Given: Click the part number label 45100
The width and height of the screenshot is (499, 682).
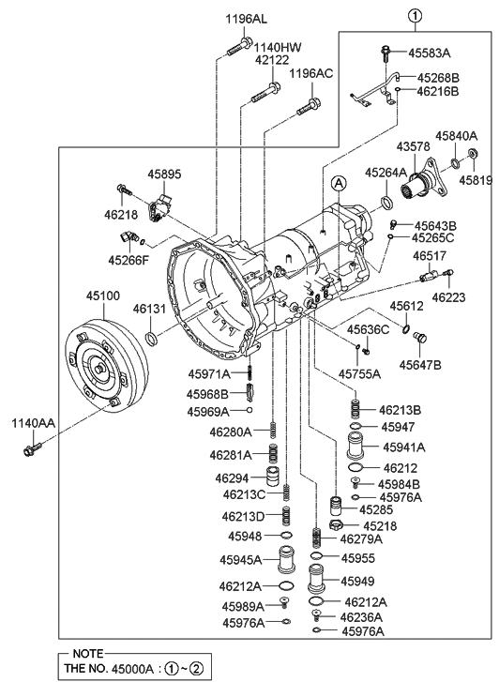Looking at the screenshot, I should coord(103,296).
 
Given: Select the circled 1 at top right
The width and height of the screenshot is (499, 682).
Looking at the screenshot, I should coord(415,16).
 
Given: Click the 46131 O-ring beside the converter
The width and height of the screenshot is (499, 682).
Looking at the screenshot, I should coord(151,337).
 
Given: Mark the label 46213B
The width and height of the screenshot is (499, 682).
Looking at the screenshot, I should coord(400,410).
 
